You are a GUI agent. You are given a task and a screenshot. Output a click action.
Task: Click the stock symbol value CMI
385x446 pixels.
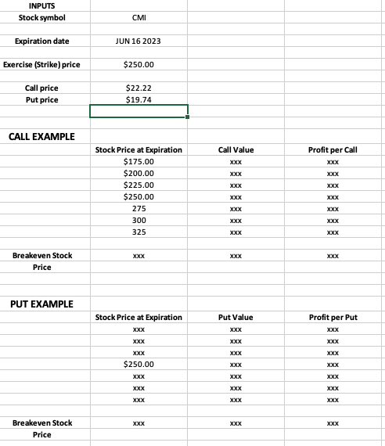click(139, 16)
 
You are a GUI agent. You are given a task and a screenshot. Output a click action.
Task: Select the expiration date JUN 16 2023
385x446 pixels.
click(139, 40)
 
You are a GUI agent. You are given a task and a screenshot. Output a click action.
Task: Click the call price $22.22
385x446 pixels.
click(139, 88)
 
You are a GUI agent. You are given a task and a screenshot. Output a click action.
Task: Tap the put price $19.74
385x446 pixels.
click(139, 99)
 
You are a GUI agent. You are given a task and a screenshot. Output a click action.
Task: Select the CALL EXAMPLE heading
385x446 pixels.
click(41, 137)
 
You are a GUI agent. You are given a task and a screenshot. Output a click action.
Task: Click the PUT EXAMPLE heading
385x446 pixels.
click(41, 304)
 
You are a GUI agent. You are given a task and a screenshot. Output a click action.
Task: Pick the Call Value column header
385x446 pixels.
click(236, 149)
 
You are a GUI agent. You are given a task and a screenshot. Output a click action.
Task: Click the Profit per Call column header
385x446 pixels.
click(333, 149)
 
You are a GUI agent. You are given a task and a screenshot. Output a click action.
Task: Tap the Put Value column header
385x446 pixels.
click(236, 317)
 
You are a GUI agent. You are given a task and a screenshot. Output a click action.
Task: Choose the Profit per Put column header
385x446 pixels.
click(333, 317)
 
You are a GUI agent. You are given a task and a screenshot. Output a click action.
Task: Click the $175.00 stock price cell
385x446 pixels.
click(139, 161)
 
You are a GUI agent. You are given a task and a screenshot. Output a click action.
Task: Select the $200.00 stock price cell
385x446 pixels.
click(139, 173)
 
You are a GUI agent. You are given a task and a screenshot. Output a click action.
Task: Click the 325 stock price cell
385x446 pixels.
click(139, 232)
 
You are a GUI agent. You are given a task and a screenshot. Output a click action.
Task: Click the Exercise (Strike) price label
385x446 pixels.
click(46, 64)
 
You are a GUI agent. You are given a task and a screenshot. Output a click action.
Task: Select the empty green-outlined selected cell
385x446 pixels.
click(139, 111)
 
